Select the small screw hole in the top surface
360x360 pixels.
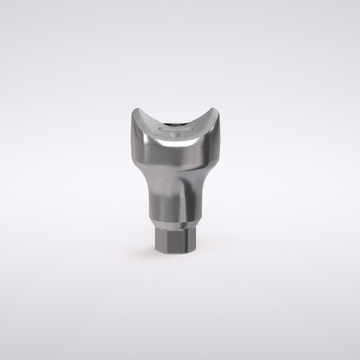178,126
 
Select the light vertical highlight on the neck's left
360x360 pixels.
160,192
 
